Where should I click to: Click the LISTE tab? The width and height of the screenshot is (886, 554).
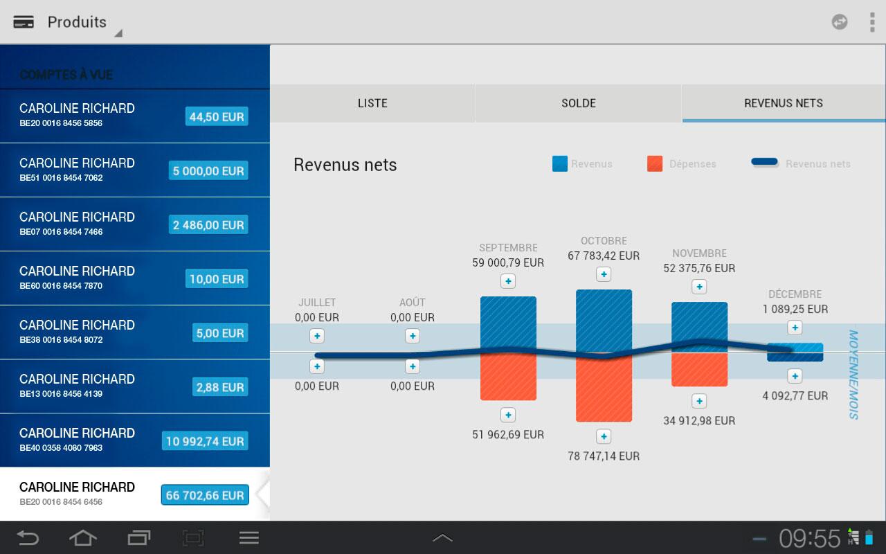(x=372, y=103)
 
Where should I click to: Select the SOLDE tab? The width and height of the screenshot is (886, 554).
(x=578, y=103)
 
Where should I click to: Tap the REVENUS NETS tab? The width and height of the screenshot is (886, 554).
(x=783, y=103)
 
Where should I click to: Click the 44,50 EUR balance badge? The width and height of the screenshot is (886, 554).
(x=217, y=117)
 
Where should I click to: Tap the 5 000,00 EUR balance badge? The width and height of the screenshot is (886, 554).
(x=208, y=171)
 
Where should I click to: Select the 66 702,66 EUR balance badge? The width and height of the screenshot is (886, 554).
(x=205, y=495)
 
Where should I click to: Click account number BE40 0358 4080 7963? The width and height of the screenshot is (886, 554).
(x=61, y=448)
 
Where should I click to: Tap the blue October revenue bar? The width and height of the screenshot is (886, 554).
(x=604, y=320)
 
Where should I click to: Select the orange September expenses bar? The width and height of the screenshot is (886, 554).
(x=508, y=377)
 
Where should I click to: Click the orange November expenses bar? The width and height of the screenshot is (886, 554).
(x=699, y=370)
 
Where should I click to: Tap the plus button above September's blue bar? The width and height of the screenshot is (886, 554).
(x=508, y=281)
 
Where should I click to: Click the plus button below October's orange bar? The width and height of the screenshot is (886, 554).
(x=604, y=436)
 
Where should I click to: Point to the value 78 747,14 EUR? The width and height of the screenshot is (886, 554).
(x=604, y=456)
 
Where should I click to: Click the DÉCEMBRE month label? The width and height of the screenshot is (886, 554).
(x=795, y=294)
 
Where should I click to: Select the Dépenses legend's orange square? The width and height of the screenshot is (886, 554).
(x=655, y=163)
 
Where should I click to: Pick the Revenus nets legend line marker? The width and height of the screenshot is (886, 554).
(x=765, y=163)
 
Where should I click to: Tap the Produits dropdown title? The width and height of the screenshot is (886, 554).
(x=77, y=22)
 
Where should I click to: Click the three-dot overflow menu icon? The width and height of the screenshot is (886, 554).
(x=871, y=22)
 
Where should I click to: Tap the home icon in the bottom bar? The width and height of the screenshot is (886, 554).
(x=82, y=537)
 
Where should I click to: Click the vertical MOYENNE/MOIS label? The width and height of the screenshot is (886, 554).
(x=853, y=374)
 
